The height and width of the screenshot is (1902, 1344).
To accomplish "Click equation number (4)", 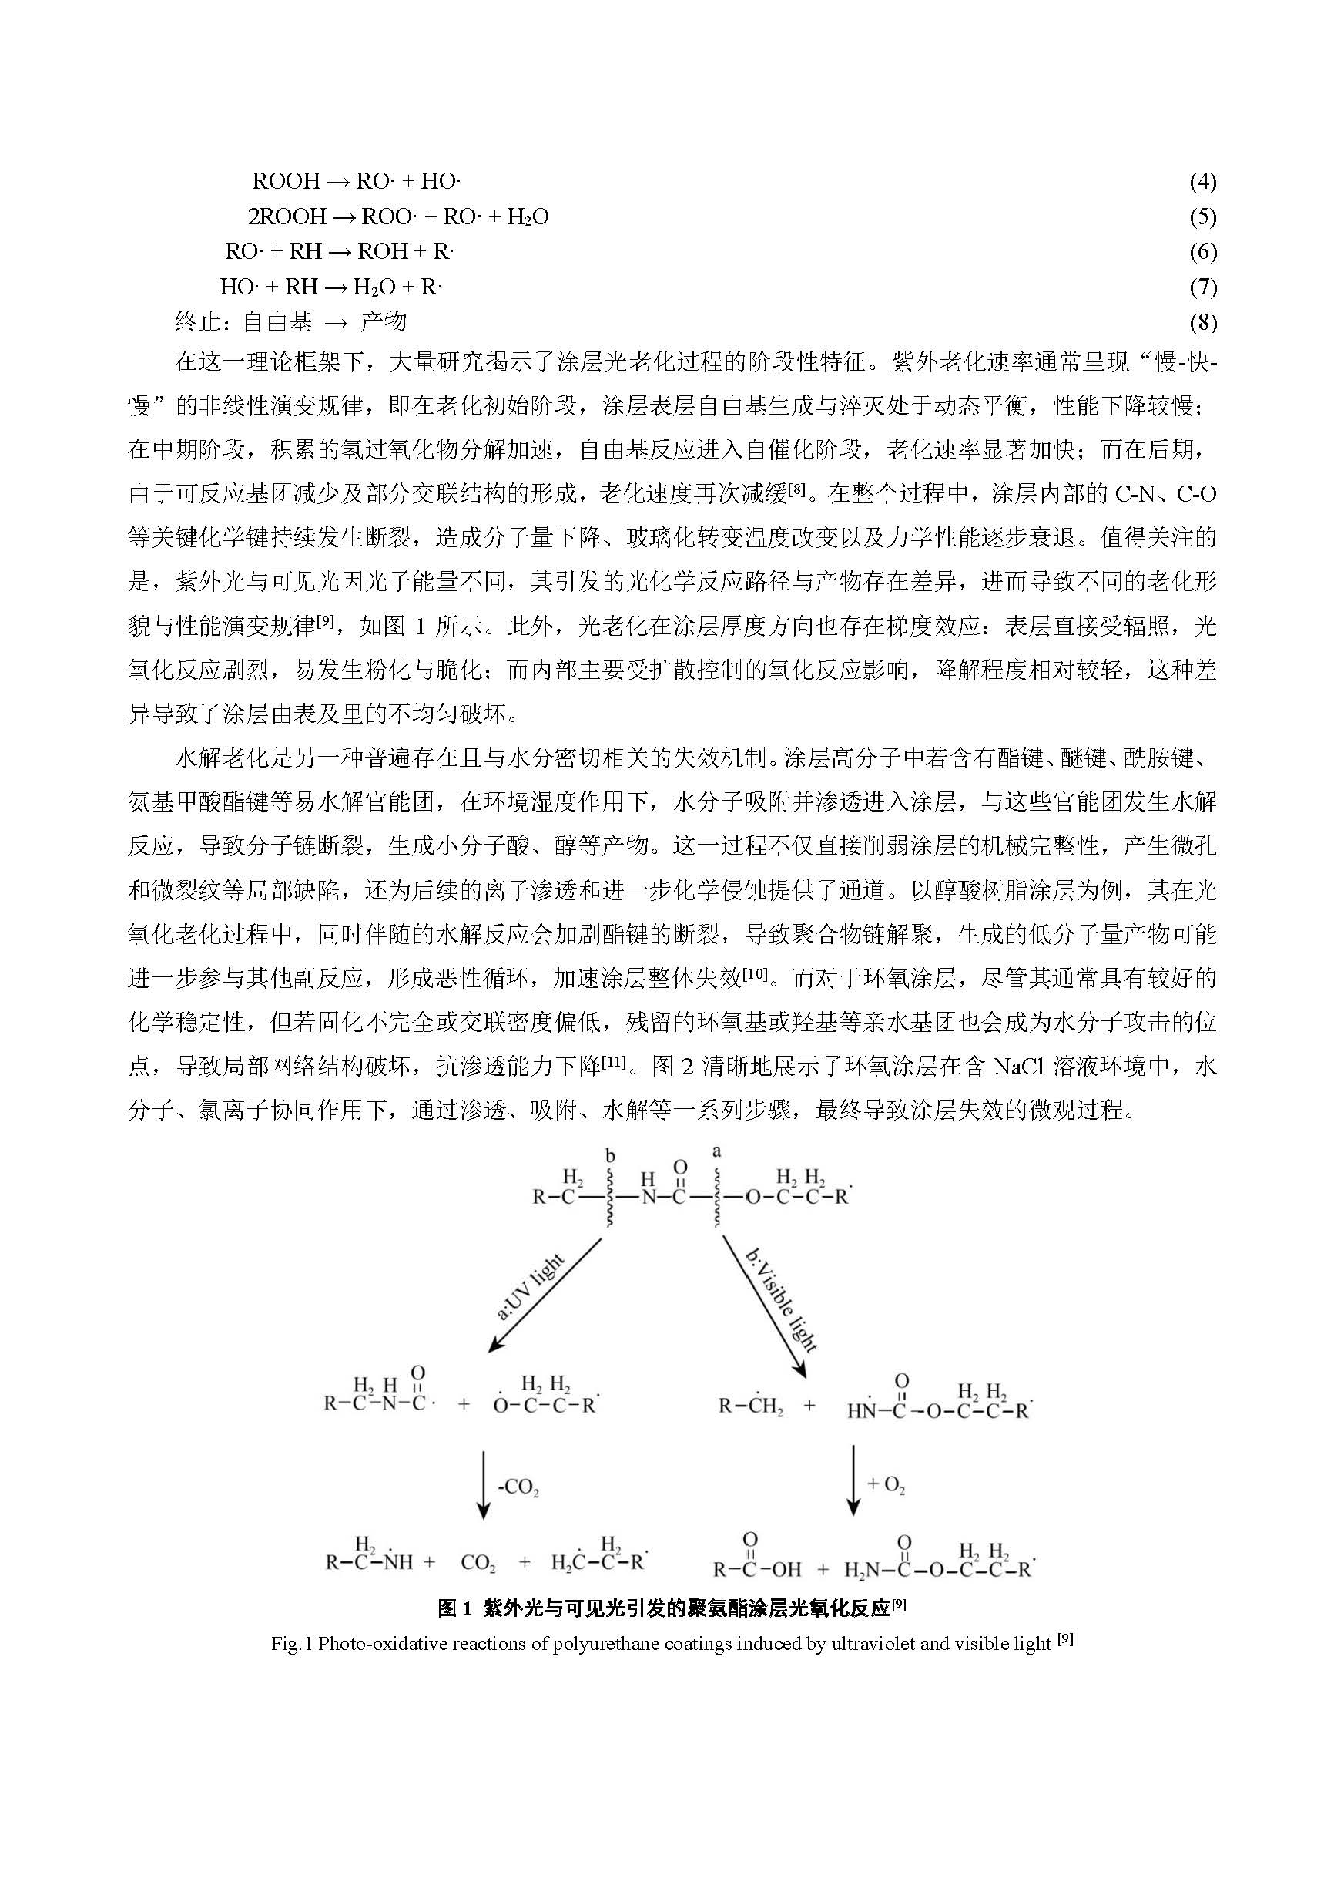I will click(1202, 181).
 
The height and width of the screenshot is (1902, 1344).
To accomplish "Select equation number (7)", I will click(1202, 287).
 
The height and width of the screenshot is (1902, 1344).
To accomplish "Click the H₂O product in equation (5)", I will click(528, 217).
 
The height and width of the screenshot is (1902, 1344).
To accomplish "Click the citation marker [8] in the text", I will click(796, 489).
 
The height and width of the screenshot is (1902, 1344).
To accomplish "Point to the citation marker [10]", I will click(756, 974).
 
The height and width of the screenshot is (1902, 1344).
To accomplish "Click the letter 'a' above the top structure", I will click(716, 1151).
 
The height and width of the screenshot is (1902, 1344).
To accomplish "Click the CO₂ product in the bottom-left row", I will click(478, 1563).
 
